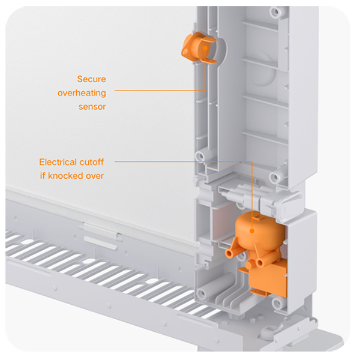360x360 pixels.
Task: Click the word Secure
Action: pos(91,79)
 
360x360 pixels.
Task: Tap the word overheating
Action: pos(82,93)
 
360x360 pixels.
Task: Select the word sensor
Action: pos(92,107)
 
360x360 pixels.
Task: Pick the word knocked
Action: pos(65,176)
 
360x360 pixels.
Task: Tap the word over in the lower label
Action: pos(95,176)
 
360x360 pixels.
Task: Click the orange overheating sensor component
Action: pos(199,48)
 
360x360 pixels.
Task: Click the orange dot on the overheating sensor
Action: pos(205,48)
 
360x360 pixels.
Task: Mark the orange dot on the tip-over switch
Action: pos(252,231)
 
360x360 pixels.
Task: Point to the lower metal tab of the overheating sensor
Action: pos(209,61)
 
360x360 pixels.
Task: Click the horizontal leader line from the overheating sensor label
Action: pos(160,90)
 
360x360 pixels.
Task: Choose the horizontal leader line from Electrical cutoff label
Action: pos(183,161)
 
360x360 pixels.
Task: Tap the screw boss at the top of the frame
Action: pos(275,11)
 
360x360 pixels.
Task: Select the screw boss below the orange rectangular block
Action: pos(277,304)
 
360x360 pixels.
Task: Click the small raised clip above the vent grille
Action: pos(101,230)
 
